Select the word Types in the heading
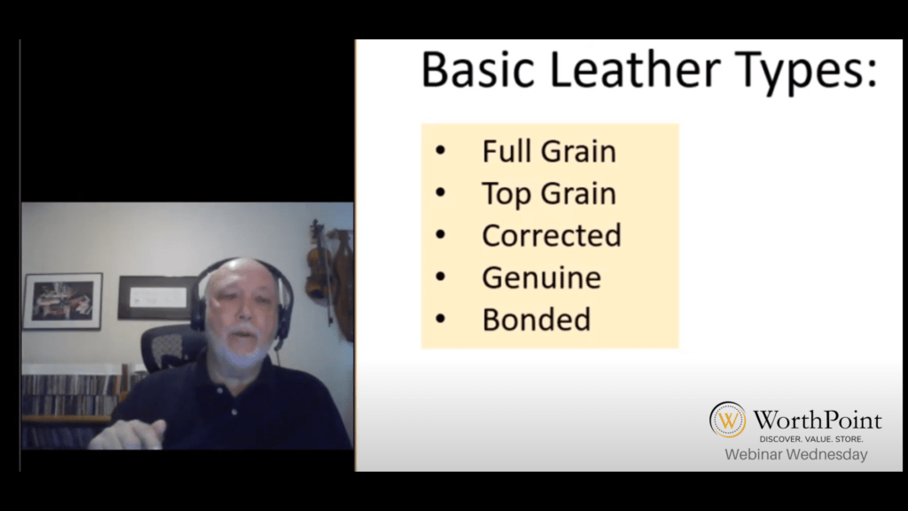801,73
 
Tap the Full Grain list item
549,151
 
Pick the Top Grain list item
549,194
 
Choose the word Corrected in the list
552,235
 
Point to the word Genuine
542,278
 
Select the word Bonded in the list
536,319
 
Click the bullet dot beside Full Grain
440,151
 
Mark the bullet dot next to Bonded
440,318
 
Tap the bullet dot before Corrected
440,234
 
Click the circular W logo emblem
727,420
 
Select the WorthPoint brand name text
817,420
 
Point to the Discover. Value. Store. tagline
811,439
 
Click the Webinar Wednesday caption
795,454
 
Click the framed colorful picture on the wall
63,302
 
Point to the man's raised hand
129,434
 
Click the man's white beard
239,348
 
